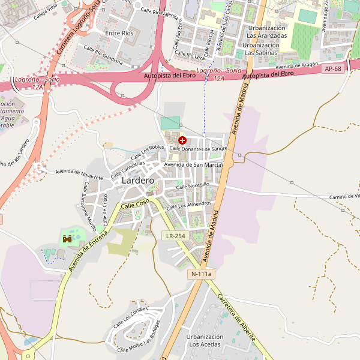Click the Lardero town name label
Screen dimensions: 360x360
[137, 180]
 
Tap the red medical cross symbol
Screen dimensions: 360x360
[182, 140]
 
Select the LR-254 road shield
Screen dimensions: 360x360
[176, 236]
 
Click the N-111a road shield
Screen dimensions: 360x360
[201, 274]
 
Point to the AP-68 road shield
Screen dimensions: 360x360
[334, 68]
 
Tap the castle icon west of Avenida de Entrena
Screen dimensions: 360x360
[67, 239]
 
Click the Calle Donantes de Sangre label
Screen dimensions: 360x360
[199, 148]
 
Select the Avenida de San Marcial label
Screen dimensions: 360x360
[193, 164]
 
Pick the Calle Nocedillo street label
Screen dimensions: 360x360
[193, 187]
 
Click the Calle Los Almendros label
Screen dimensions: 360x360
[189, 205]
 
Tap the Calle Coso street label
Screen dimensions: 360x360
[135, 205]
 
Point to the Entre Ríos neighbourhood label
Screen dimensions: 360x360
[119, 34]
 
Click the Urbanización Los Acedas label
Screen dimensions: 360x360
[205, 340]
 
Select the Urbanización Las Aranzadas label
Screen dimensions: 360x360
[267, 32]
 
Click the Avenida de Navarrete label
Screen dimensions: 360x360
[79, 174]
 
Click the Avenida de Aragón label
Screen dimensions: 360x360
[296, 65]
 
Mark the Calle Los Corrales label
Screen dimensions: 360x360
[131, 316]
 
